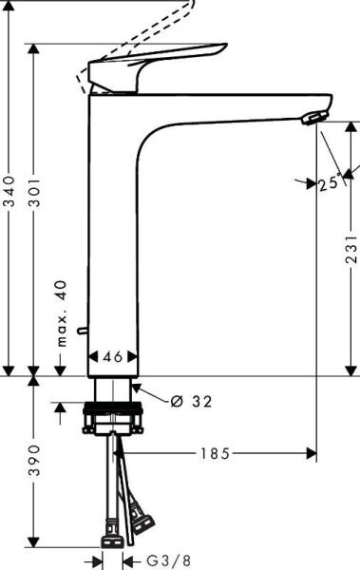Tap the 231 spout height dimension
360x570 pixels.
click(351, 248)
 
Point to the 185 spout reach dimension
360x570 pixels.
click(215, 454)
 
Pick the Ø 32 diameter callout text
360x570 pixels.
click(191, 401)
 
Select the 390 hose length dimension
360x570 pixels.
click(35, 459)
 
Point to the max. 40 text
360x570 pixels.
click(61, 313)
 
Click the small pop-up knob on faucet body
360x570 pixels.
click(84, 331)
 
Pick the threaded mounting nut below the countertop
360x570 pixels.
click(114, 417)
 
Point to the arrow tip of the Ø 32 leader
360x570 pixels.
click(135, 386)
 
